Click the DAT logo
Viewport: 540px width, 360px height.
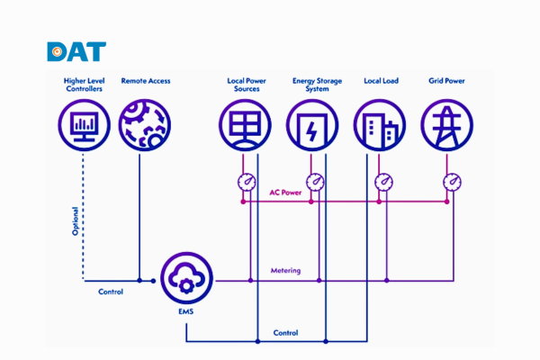[76, 51]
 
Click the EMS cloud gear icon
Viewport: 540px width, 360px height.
[186, 279]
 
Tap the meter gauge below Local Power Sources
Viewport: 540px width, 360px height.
[245, 183]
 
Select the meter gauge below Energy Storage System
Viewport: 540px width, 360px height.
[314, 183]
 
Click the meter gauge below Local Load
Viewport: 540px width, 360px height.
[383, 183]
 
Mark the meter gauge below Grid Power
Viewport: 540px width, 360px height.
[452, 183]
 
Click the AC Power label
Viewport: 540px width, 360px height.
[286, 192]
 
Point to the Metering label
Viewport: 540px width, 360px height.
[286, 270]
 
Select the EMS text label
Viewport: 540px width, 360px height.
[185, 311]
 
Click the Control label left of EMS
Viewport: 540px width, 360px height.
[111, 292]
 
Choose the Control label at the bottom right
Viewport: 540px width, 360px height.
[285, 333]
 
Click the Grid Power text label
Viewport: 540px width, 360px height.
[446, 81]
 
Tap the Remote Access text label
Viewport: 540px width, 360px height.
[146, 81]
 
